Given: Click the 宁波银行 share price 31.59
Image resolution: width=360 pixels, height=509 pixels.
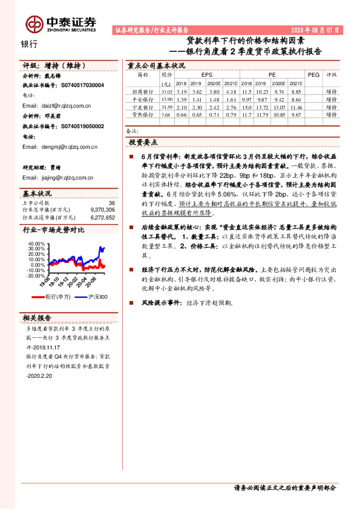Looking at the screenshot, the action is [166, 106].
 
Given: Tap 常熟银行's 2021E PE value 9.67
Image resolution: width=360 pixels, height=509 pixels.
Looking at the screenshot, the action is [295, 114].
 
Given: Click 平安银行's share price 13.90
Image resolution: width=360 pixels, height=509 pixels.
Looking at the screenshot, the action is [166, 98].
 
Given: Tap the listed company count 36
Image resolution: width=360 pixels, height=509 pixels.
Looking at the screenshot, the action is [111, 203].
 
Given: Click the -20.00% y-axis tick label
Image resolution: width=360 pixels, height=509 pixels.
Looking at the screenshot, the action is [36, 275].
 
